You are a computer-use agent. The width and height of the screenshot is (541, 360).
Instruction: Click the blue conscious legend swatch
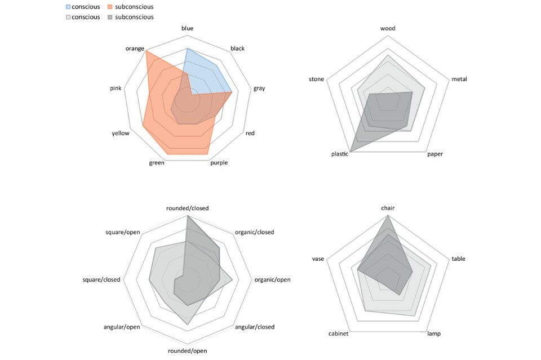pos(69,7)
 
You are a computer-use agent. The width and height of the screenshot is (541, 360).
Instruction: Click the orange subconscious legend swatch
pos(110,7)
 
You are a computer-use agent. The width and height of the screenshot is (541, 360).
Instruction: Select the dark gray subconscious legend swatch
pos(110,17)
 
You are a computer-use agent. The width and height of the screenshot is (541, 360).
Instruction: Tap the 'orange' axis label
pos(135,48)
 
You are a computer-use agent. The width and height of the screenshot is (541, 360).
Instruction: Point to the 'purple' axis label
pos(219,163)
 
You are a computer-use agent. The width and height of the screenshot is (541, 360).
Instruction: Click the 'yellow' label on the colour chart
pos(121,133)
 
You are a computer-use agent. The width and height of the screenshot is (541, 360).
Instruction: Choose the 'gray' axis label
pos(259,88)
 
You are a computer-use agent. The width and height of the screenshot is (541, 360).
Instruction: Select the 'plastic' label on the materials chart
pos(340,154)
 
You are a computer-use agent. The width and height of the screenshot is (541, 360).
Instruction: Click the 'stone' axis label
pos(317,79)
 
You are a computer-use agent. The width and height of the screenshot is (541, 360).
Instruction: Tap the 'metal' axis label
pos(459,79)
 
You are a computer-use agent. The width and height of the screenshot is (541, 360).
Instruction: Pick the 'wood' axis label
pos(388,28)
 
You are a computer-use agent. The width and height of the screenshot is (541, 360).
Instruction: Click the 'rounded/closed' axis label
pos(188,208)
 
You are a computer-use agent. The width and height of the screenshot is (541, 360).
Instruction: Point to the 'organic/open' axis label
pos(273,279)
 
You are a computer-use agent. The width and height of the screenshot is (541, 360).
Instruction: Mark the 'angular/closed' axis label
pos(255,327)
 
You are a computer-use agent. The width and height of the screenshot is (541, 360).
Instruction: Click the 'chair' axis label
pos(388,208)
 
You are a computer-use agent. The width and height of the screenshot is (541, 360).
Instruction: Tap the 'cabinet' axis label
pos(338,334)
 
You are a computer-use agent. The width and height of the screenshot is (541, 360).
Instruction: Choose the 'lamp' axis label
pos(434,334)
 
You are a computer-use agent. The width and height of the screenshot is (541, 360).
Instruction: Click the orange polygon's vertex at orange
pos(147,51)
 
